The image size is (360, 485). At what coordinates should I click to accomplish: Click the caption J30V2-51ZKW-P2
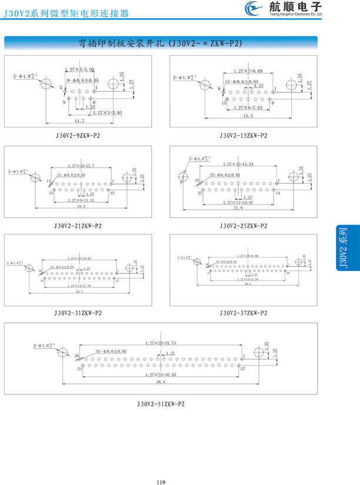(161, 404)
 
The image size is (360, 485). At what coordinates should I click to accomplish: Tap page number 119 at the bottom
(161, 467)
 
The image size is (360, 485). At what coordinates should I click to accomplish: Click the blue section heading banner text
(161, 43)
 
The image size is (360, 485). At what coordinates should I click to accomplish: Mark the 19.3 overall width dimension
(81, 206)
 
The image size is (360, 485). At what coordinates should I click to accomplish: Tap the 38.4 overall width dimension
(161, 382)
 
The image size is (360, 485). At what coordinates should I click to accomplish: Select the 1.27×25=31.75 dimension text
(161, 343)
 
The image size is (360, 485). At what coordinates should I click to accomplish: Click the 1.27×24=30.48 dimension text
(161, 374)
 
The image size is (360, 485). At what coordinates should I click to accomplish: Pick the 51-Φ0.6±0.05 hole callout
(111, 352)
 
